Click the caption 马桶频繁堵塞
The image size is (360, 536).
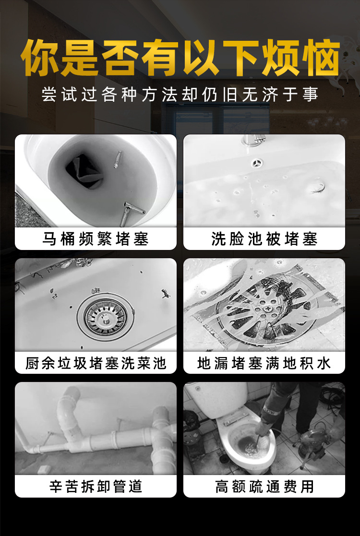(x=96, y=239)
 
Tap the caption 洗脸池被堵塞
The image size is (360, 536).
(x=264, y=239)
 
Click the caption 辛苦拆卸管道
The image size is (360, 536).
(x=96, y=487)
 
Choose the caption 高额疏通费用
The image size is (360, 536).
(x=264, y=487)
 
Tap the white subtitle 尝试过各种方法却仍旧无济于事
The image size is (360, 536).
(x=180, y=95)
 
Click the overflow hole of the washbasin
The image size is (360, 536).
(x=257, y=163)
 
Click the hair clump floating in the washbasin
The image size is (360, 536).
(x=317, y=187)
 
